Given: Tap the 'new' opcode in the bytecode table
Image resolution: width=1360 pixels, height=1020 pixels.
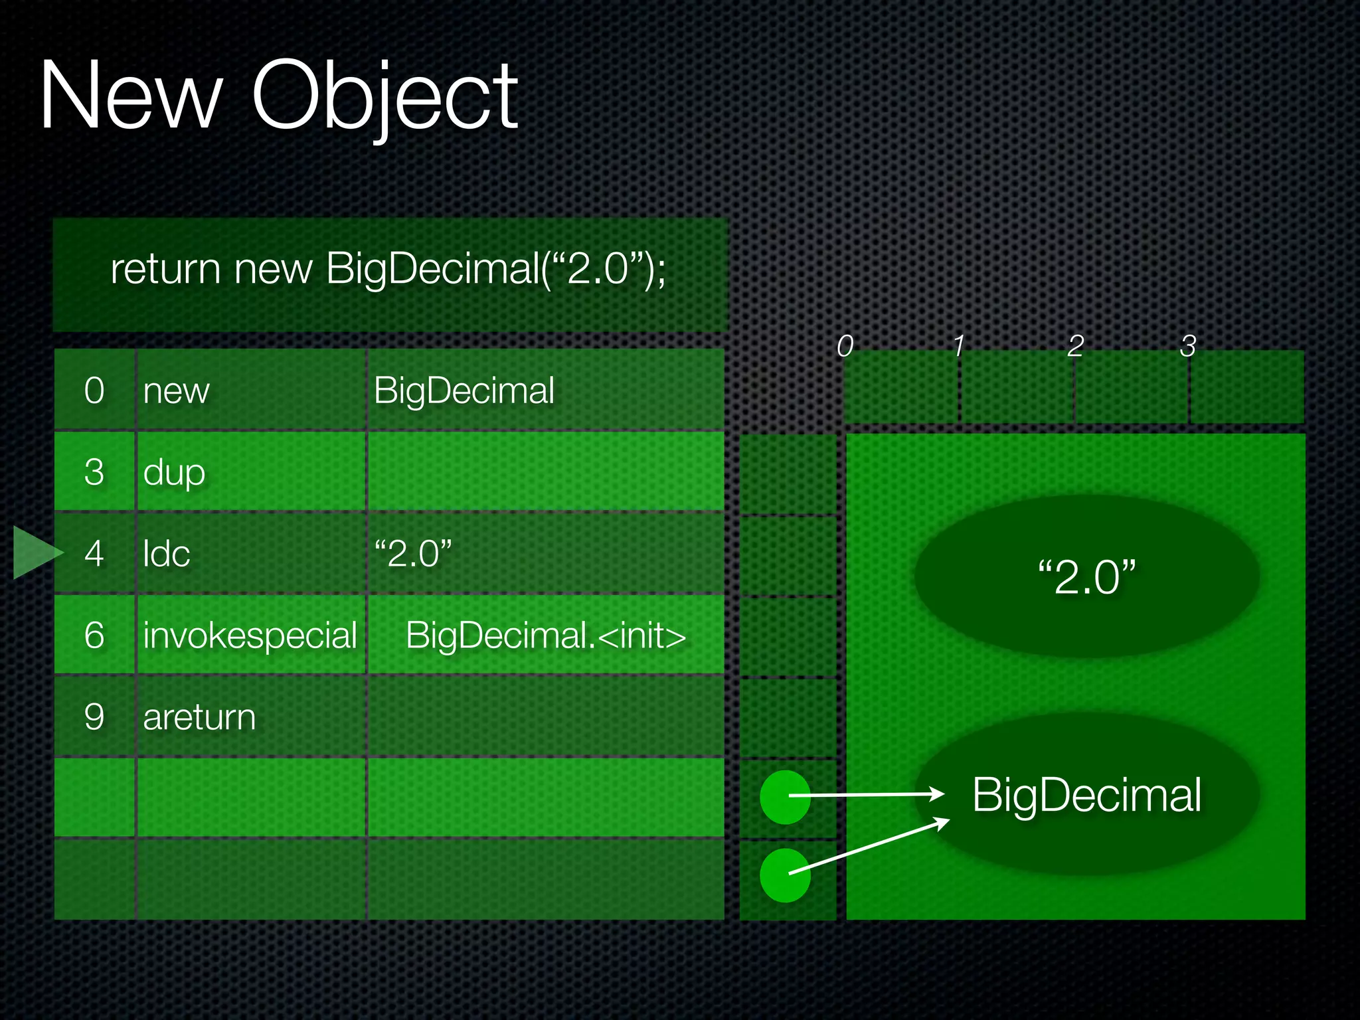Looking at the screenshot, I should [176, 390].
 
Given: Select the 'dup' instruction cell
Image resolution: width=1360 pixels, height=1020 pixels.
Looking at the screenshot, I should [174, 472].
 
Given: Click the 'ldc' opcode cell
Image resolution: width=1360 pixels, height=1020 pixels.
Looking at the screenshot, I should [166, 554].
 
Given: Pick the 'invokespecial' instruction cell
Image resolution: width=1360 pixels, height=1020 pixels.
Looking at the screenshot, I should [250, 636].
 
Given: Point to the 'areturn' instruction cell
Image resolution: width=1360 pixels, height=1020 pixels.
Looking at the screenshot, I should [199, 717].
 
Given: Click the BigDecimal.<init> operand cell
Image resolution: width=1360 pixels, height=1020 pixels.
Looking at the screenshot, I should [545, 636].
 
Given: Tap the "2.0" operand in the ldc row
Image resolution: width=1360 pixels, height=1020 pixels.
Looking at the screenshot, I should [412, 554].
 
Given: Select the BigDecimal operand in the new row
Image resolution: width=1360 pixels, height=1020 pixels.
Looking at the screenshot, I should [464, 390].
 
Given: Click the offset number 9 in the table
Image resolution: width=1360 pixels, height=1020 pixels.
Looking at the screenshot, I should [94, 717].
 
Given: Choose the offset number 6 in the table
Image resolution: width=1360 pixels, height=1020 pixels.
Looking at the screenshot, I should [94, 636].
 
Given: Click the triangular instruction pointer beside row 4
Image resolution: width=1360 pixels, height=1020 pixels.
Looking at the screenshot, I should [35, 552].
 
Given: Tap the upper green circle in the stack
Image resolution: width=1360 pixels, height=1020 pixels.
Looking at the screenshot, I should [784, 796].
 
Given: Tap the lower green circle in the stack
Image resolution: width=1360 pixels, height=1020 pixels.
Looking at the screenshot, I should [784, 875].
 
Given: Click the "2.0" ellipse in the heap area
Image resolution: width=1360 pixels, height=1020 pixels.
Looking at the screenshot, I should [1086, 576].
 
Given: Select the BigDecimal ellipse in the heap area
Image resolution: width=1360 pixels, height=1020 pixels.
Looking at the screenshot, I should [1086, 794].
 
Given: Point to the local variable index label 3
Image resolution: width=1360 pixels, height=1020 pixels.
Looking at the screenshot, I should [1187, 346].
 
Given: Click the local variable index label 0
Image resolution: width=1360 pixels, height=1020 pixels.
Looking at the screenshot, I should [845, 346].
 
